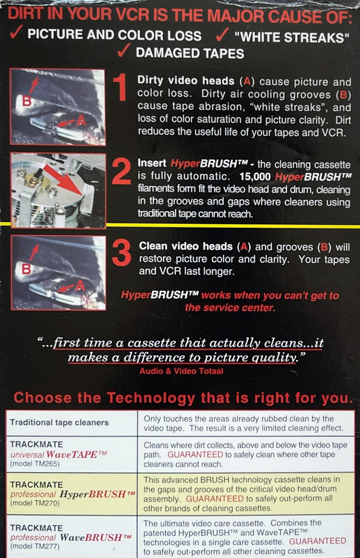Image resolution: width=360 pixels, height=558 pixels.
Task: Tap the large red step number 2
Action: click(x=121, y=171)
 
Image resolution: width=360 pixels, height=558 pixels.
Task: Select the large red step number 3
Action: click(x=122, y=253)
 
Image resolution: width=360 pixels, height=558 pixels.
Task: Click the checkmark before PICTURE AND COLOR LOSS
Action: click(x=17, y=32)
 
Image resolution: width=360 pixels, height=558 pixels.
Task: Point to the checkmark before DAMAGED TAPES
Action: click(x=124, y=50)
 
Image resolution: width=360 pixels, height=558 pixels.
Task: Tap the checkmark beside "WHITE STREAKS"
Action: click(x=222, y=35)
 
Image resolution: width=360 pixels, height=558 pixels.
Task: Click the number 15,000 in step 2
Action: click(x=255, y=176)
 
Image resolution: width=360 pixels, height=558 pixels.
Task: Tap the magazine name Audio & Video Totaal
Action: click(x=182, y=371)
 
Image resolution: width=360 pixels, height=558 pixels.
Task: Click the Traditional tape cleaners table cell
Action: click(x=72, y=423)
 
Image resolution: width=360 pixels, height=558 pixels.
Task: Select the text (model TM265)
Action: click(x=35, y=464)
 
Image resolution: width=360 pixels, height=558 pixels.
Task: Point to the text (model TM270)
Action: click(x=35, y=503)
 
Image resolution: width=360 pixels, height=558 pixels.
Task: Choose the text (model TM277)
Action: click(x=35, y=546)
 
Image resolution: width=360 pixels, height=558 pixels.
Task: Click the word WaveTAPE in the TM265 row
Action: click(x=74, y=455)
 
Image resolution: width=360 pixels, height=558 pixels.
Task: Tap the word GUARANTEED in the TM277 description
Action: click(x=318, y=541)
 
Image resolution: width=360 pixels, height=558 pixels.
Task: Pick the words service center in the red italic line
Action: click(x=239, y=308)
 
